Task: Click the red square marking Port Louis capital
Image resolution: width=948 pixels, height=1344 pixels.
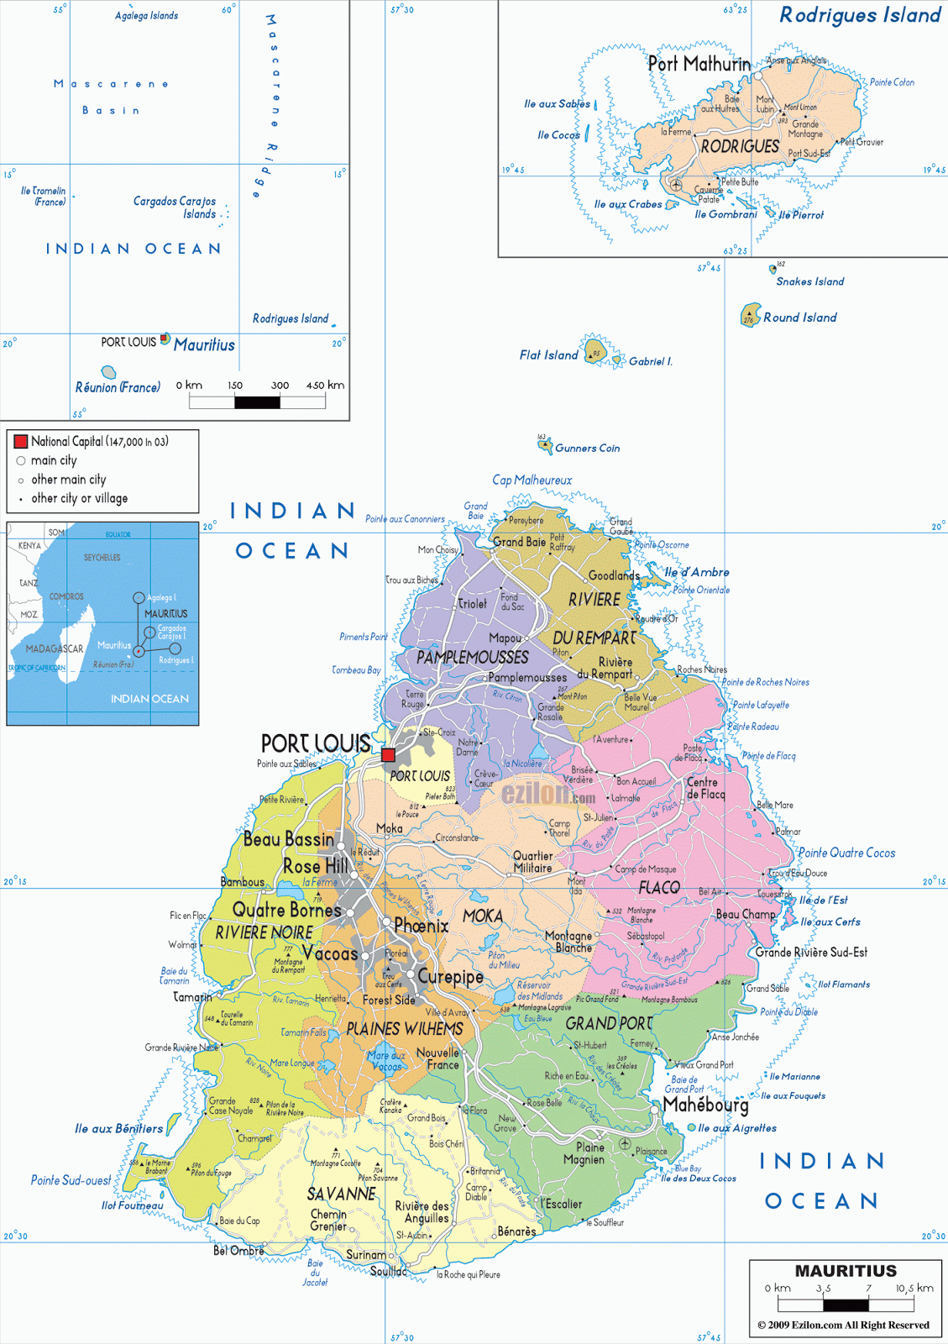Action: (x=388, y=754)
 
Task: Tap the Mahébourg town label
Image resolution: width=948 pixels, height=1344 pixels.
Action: (x=705, y=1105)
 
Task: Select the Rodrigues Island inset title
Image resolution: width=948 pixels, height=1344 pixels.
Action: (x=860, y=15)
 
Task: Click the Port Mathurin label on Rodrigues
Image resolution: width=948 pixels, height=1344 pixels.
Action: (x=699, y=64)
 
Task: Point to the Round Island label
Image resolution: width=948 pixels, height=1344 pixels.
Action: (x=799, y=318)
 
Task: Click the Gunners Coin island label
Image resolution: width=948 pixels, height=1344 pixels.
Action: (x=587, y=449)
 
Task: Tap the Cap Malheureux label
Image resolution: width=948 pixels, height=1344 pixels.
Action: (x=532, y=480)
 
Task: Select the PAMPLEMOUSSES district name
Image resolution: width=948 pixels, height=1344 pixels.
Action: (x=473, y=658)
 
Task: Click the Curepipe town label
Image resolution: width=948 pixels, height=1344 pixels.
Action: (x=451, y=977)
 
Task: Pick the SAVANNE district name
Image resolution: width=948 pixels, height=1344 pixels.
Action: (x=341, y=1194)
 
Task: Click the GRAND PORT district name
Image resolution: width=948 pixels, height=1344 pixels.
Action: (x=609, y=1024)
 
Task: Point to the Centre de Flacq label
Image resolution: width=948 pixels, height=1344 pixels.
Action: (x=705, y=788)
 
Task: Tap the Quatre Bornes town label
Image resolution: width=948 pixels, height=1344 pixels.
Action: (x=287, y=910)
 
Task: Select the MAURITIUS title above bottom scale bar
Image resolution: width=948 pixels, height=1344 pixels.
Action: (x=846, y=1271)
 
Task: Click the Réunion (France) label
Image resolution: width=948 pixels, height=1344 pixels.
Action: (x=118, y=387)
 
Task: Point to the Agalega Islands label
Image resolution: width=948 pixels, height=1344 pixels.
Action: (x=146, y=16)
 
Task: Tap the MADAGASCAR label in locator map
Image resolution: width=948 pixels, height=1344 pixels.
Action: (x=55, y=648)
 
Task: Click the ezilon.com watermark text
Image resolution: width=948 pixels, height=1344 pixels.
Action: (x=548, y=793)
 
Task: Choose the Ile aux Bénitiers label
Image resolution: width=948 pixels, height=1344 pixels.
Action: (x=118, y=1128)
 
